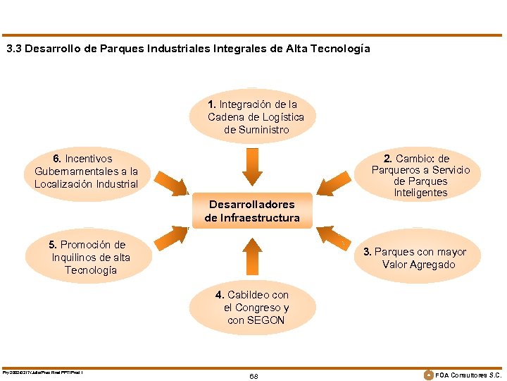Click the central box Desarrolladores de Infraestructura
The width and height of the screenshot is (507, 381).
pos(251,211)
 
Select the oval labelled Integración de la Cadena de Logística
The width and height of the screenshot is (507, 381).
pos(256,116)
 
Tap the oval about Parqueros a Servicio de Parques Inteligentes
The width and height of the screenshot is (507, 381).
pos(420,176)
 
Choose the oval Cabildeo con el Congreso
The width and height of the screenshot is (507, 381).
pos(256,308)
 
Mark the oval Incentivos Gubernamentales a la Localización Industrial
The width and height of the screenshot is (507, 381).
pos(87,171)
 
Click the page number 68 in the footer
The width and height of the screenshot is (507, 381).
pos(254,376)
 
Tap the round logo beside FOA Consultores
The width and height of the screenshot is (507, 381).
pos(427,374)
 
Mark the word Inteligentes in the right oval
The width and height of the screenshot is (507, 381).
pos(420,193)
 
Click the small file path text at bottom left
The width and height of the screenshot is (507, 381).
pos(43,372)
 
